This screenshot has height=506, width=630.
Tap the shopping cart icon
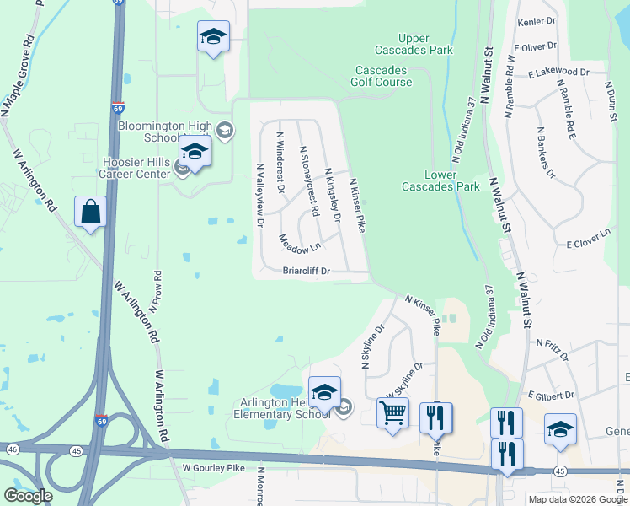pyautogui.click(x=392, y=414)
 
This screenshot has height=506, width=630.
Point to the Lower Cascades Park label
pyautogui.click(x=440, y=180)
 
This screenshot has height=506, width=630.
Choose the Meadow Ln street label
pyautogui.click(x=300, y=243)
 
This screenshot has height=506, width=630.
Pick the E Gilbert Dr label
pyautogui.click(x=551, y=394)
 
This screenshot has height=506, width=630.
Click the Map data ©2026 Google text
pyautogui.click(x=577, y=499)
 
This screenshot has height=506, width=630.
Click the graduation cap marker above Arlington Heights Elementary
pyautogui.click(x=324, y=392)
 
